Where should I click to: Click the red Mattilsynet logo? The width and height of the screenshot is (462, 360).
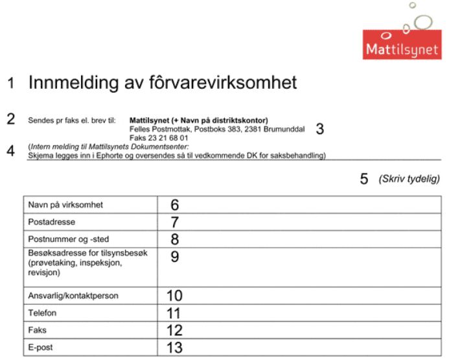click(x=402, y=43)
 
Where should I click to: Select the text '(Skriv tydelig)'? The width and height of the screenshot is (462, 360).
click(x=409, y=178)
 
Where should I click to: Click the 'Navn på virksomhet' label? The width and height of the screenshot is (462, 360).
click(x=66, y=205)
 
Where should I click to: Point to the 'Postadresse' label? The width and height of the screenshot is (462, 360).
click(x=51, y=222)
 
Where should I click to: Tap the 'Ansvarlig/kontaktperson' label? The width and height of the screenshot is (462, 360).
click(x=73, y=296)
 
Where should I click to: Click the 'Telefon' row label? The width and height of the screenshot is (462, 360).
click(x=43, y=313)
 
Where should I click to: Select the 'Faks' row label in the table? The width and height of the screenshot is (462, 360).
click(x=38, y=330)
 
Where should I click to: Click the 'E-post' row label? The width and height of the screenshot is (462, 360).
click(x=41, y=347)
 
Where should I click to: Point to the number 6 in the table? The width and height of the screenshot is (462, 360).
click(x=175, y=205)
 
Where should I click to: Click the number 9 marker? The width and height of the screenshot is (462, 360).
click(x=175, y=256)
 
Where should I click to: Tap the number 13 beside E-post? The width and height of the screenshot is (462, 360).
click(x=175, y=348)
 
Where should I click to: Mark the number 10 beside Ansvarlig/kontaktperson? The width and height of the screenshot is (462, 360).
click(x=175, y=296)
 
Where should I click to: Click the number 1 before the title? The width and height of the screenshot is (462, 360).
click(x=11, y=83)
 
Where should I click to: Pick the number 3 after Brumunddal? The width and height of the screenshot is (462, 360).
click(x=319, y=128)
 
